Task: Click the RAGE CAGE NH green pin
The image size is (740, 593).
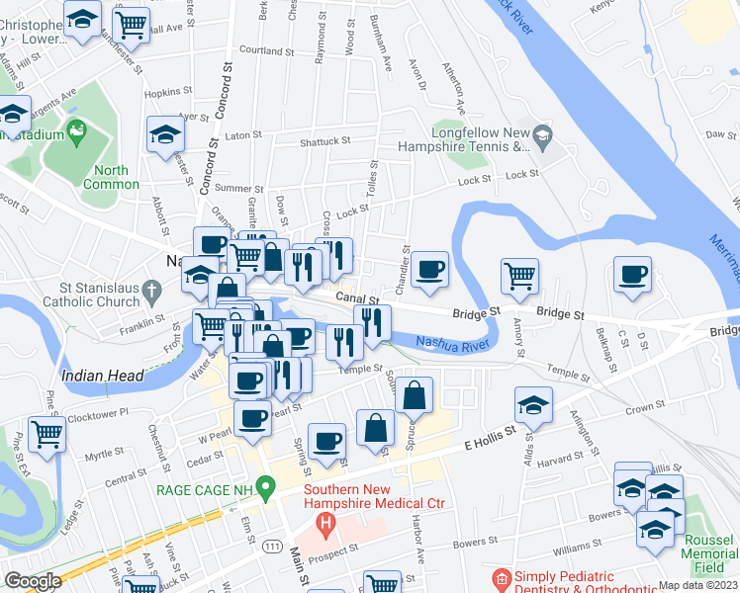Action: pos(264,487)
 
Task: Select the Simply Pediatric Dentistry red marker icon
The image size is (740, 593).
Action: pos(502,577)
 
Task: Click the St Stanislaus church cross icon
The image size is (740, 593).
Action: pos(149,291)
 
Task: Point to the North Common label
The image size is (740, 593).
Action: pos(111,177)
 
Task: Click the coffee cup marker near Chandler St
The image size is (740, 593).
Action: pos(429,271)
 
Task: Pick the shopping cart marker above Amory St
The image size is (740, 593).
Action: pos(519,278)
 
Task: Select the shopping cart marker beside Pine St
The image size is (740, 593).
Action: pos(46,436)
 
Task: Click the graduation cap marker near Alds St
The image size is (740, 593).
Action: pos(533,406)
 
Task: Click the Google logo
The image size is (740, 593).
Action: pos(33,581)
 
